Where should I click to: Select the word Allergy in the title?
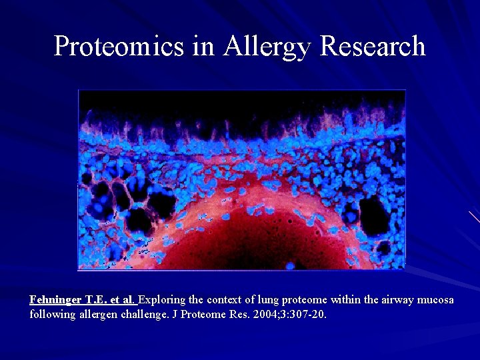point(268,47)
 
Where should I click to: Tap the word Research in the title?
point(373,47)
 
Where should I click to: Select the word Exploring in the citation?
point(160,300)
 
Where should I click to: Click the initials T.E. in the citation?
point(96,300)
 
